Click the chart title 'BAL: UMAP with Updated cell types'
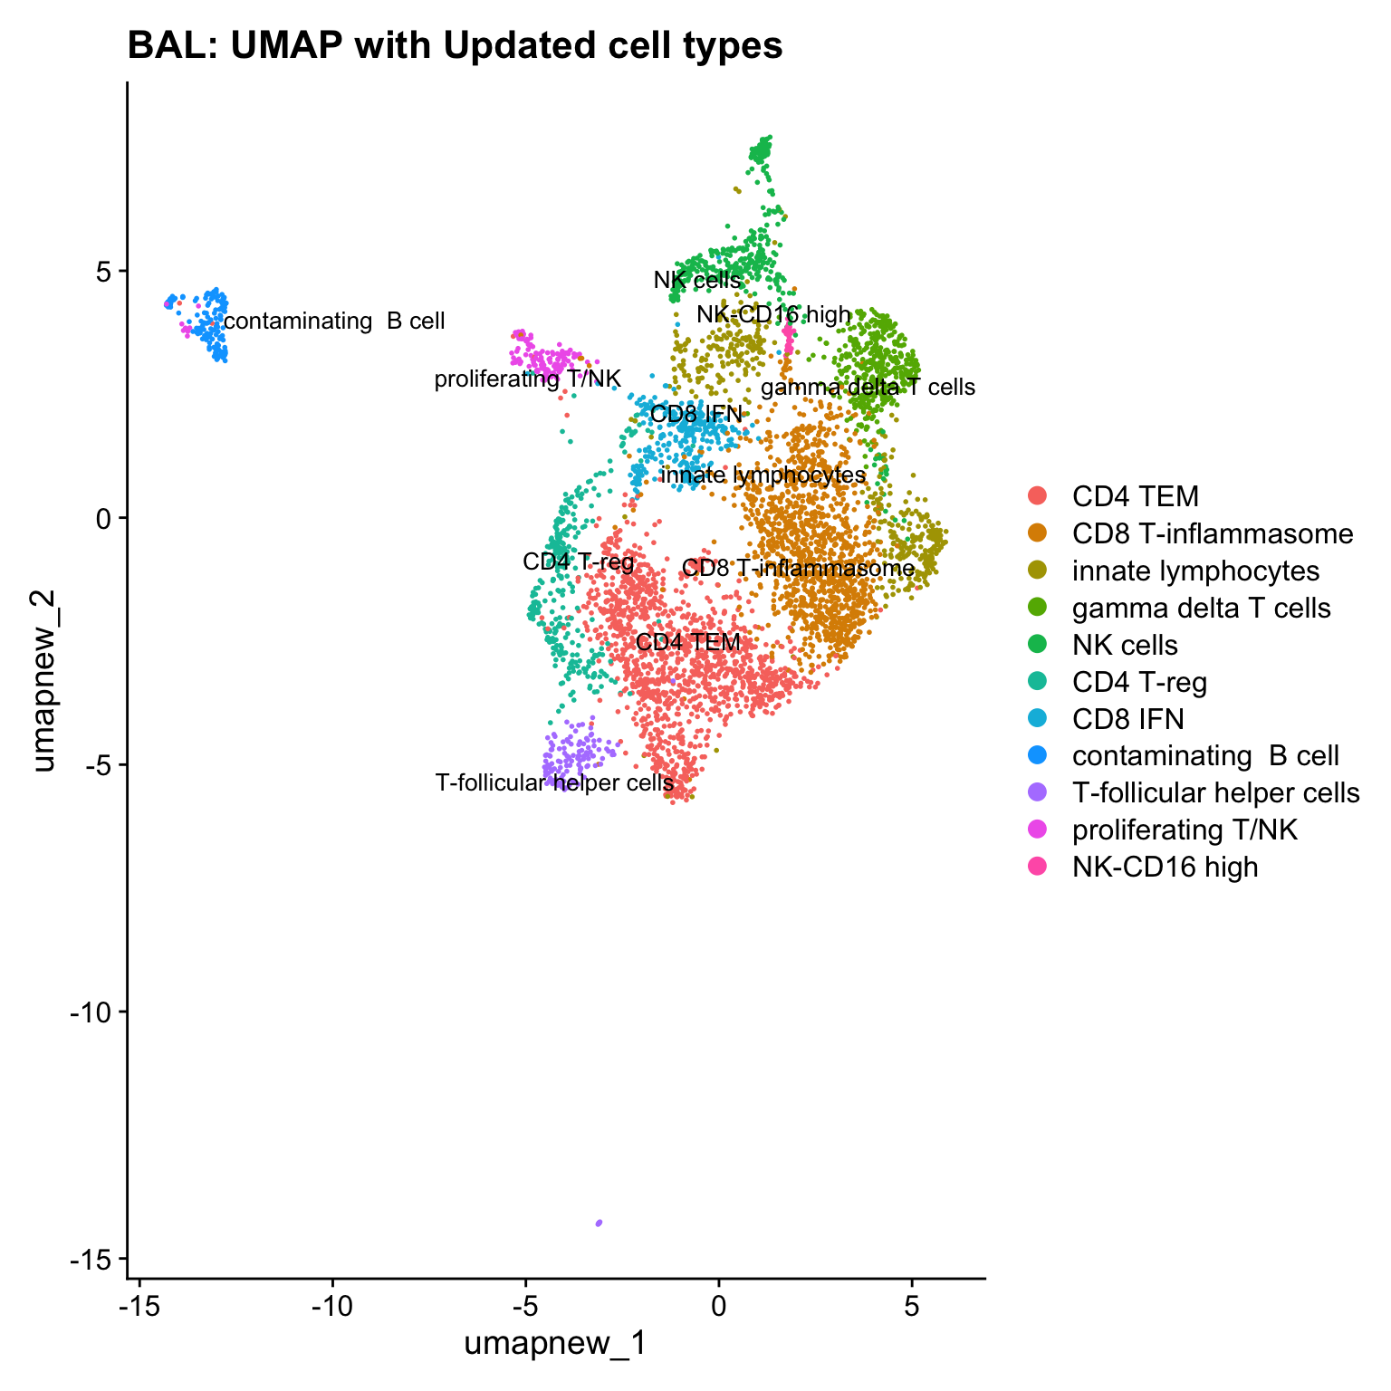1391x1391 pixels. pyautogui.click(x=455, y=45)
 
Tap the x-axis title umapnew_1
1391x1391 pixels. pyautogui.click(x=555, y=1344)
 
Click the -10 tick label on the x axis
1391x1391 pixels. pyautogui.click(x=332, y=1307)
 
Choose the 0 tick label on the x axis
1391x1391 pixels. pyautogui.click(x=718, y=1307)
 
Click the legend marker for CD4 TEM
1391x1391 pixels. pyautogui.click(x=1038, y=496)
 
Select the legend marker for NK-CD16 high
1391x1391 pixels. pyautogui.click(x=1038, y=867)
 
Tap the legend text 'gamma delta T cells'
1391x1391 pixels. pyautogui.click(x=1201, y=608)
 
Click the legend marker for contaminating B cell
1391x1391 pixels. pyautogui.click(x=1038, y=755)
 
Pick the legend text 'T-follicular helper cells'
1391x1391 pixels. pyautogui.click(x=1215, y=793)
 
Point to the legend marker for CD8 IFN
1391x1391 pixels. pyautogui.click(x=1038, y=719)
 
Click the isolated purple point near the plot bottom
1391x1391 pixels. pyautogui.click(x=599, y=1223)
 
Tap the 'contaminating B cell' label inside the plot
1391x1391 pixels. pyautogui.click(x=334, y=321)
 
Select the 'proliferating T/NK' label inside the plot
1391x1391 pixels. pyautogui.click(x=527, y=379)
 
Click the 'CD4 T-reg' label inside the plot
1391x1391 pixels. pyautogui.click(x=579, y=561)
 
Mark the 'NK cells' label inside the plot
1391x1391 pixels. pyautogui.click(x=697, y=281)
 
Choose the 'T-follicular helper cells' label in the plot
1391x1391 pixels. pyautogui.click(x=554, y=782)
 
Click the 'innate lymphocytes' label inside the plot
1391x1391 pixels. pyautogui.click(x=763, y=475)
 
